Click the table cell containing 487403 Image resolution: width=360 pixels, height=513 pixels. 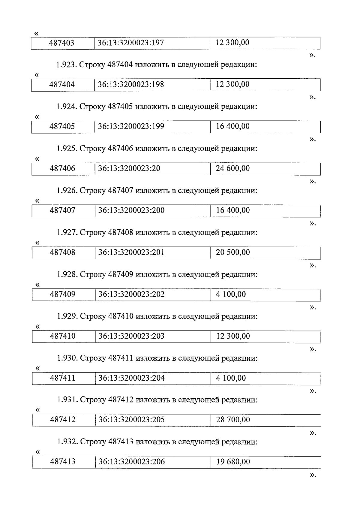pyautogui.click(x=62, y=43)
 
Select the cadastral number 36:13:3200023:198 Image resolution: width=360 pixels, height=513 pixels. pyautogui.click(x=131, y=84)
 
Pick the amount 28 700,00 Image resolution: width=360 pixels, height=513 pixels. pyautogui.click(x=233, y=420)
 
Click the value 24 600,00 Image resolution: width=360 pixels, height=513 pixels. pyautogui.click(x=233, y=168)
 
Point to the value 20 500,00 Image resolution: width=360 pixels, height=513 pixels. pyautogui.click(x=233, y=252)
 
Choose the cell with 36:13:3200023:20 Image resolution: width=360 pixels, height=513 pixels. pyautogui.click(x=129, y=168)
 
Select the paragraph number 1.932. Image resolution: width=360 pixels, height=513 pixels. pyautogui.click(x=67, y=442)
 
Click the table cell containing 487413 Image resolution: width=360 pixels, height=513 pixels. pyautogui.click(x=63, y=462)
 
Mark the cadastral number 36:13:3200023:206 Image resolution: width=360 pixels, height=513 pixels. pyautogui.click(x=132, y=462)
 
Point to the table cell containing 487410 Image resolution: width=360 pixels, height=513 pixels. pyautogui.click(x=63, y=336)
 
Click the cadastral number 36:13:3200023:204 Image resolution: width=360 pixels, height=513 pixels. pyautogui.click(x=132, y=378)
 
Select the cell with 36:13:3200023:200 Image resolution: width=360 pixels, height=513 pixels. pyautogui.click(x=131, y=210)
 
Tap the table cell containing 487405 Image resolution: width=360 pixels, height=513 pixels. pyautogui.click(x=62, y=126)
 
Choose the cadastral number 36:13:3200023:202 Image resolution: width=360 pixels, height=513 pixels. pyautogui.click(x=132, y=294)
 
